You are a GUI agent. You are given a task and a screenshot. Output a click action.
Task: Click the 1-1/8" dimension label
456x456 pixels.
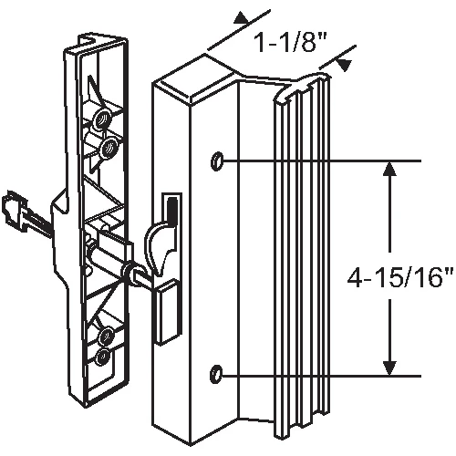pyautogui.click(x=289, y=43)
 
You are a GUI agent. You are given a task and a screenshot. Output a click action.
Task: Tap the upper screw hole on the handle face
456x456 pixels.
pyautogui.click(x=217, y=161)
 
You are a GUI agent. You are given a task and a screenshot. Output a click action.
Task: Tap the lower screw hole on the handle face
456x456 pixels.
pyautogui.click(x=217, y=372)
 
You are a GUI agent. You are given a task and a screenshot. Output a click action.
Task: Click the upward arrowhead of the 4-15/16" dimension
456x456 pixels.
pyautogui.click(x=389, y=169)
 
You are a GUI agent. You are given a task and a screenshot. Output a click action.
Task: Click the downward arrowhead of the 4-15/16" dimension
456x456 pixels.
pyautogui.click(x=389, y=368)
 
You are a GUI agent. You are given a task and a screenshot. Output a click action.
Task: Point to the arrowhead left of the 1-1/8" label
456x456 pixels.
pyautogui.click(x=241, y=17)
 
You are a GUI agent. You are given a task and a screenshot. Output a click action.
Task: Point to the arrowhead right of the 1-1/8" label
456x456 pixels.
pyautogui.click(x=345, y=65)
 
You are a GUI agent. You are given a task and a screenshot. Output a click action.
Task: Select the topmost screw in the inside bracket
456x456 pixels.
pyautogui.click(x=102, y=119)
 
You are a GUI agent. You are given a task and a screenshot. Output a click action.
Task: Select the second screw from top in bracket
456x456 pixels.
pyautogui.click(x=108, y=148)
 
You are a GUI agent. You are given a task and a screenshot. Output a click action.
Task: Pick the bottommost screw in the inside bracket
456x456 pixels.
pyautogui.click(x=104, y=356)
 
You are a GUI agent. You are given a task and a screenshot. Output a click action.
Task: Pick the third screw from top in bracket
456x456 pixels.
pyautogui.click(x=107, y=336)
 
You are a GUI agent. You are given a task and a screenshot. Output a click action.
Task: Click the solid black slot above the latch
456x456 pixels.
pyautogui.click(x=172, y=209)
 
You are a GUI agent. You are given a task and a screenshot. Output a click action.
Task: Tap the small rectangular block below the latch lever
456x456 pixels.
pyautogui.click(x=167, y=313)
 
